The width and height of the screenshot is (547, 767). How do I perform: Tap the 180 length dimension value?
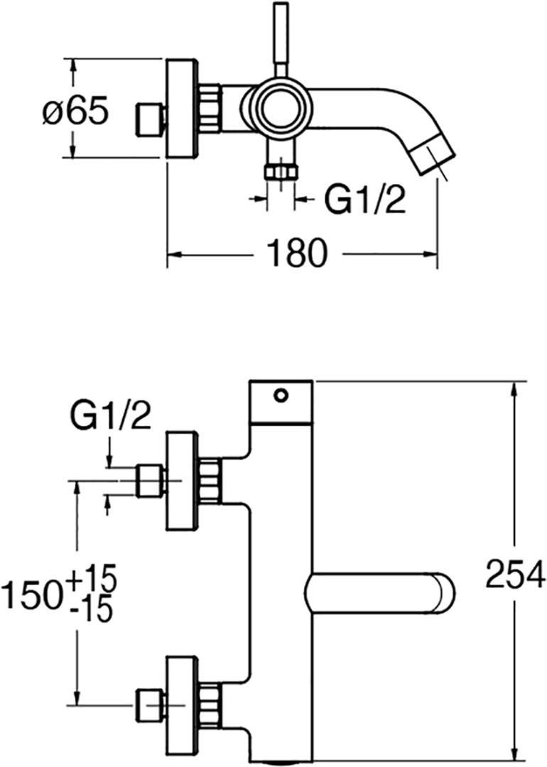[298, 254]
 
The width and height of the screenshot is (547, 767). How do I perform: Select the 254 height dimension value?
[515, 574]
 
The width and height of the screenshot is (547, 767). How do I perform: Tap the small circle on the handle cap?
[281, 395]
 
